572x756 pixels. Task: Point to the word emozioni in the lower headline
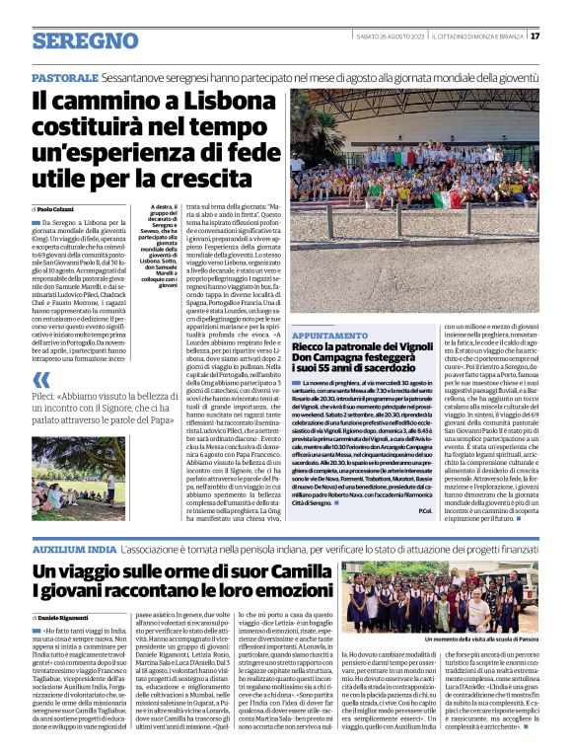point(271,593)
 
